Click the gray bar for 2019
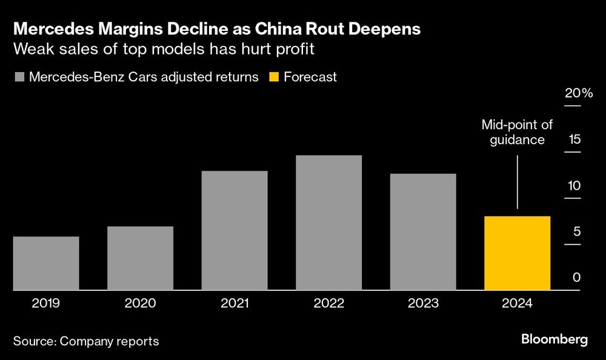pos(46,263)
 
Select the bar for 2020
pos(140,258)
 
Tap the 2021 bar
pos(235,230)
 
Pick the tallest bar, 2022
pos(329,222)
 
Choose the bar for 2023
pos(423,232)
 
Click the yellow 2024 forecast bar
pos(518,253)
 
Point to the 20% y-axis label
pos(579,93)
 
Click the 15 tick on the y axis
pos(574,139)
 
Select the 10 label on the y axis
pos(574,185)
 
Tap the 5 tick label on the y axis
pos(577,232)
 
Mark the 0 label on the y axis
pos(577,278)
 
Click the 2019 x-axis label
pos(46,303)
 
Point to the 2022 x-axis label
pos(329,303)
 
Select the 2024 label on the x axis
pos(518,303)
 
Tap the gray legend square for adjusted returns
pos(18,77)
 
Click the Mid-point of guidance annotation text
pos(517,132)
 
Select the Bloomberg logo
pos(554,339)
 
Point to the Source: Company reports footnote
pos(85,341)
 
